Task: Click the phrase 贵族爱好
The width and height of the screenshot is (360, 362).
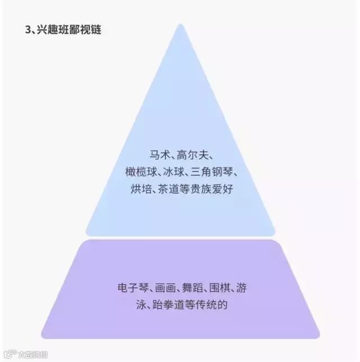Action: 215,189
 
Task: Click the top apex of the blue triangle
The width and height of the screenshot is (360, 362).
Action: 180,25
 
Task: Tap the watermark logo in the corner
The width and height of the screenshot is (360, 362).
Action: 10,354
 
